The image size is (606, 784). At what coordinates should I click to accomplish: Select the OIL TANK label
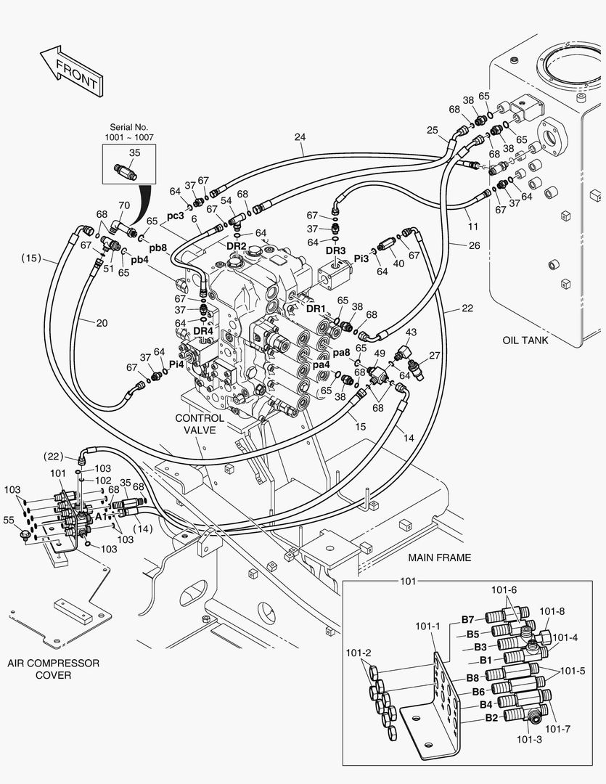[x=525, y=340]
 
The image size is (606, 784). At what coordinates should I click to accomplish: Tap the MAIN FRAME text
[x=439, y=558]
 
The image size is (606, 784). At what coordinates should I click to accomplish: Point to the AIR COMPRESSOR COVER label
[x=54, y=669]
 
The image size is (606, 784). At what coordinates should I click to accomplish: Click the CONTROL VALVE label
[x=199, y=424]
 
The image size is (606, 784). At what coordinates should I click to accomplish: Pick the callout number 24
[x=300, y=136]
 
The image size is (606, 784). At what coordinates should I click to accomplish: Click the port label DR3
[x=335, y=250]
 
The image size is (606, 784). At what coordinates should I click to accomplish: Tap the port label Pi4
[x=176, y=364]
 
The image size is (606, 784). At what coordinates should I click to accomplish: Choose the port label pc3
[x=176, y=216]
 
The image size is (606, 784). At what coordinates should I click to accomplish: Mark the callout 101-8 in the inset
[x=552, y=611]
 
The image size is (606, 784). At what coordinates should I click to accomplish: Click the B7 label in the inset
[x=468, y=619]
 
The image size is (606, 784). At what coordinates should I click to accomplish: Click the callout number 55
[x=9, y=520]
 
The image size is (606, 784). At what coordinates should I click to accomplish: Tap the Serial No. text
[x=128, y=126]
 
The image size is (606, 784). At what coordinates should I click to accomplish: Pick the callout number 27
[x=434, y=355]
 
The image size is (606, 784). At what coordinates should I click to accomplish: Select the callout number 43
[x=410, y=332]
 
